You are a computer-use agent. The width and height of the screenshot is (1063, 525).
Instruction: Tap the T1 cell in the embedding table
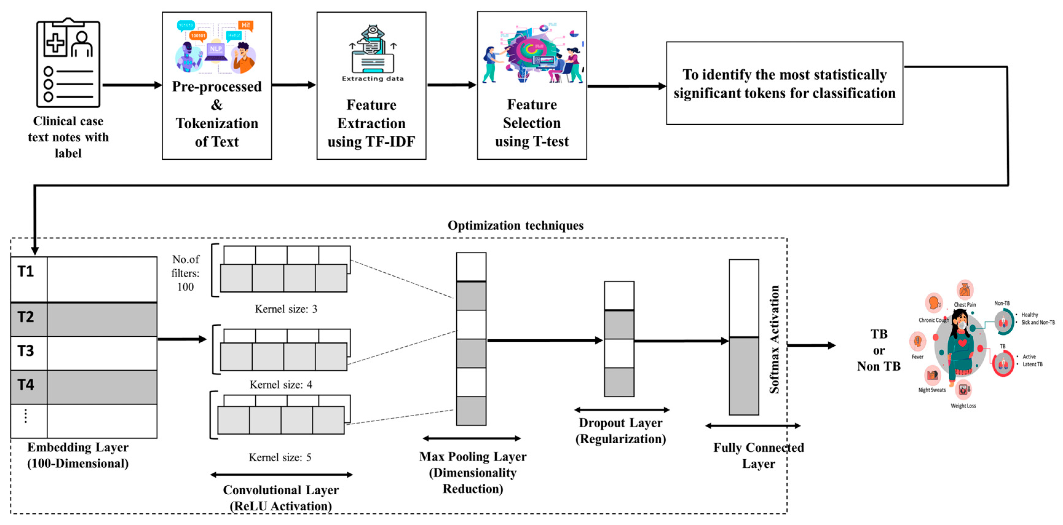(x=26, y=271)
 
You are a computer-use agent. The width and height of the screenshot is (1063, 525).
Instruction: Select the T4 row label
(x=26, y=385)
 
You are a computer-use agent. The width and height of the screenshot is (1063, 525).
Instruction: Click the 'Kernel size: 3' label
(x=285, y=309)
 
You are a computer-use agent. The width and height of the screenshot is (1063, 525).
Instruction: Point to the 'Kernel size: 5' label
(x=280, y=457)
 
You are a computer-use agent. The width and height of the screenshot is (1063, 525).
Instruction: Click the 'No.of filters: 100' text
(x=185, y=273)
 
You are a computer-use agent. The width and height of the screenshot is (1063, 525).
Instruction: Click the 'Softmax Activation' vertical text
(x=774, y=339)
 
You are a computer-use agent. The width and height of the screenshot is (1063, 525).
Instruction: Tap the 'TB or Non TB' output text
(x=879, y=350)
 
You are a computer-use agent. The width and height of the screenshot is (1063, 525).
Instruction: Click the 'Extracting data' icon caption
(x=372, y=78)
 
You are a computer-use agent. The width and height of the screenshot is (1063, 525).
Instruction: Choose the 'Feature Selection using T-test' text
(x=532, y=122)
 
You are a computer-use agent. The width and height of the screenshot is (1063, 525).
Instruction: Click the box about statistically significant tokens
(x=784, y=83)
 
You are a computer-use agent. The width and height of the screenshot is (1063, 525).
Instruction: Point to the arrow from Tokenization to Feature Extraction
(x=293, y=85)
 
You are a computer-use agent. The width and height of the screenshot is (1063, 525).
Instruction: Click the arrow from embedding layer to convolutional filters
(x=182, y=339)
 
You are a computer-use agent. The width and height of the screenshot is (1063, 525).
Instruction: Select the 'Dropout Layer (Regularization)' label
(x=621, y=430)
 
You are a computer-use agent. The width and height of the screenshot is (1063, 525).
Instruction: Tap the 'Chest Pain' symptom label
(x=964, y=304)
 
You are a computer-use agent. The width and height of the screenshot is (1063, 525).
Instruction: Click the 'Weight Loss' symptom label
(x=963, y=406)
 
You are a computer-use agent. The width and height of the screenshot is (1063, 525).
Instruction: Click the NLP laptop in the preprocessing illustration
(x=216, y=52)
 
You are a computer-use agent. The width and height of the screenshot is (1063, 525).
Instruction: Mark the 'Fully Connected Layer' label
(x=758, y=455)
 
